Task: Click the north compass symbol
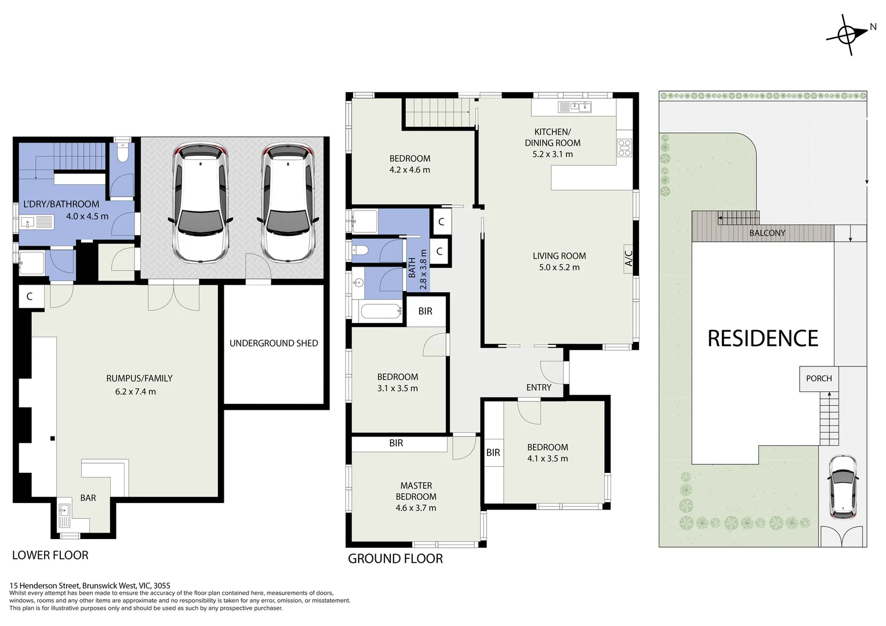tap(848, 35)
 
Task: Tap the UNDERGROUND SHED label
tap(274, 343)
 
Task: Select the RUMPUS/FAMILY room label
tap(139, 378)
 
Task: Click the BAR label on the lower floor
tap(88, 498)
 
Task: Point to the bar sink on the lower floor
tap(64, 512)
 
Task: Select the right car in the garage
tap(288, 203)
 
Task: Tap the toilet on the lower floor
tap(122, 153)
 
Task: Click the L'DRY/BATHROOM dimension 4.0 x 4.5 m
tap(87, 216)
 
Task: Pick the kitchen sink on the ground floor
tap(574, 107)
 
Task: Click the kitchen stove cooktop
tap(624, 148)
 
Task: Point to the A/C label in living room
tap(629, 256)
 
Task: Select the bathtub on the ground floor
tap(381, 312)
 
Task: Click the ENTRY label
tap(539, 387)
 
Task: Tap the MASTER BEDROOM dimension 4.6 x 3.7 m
tap(416, 508)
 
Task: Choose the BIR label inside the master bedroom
tap(396, 443)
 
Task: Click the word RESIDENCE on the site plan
tap(762, 339)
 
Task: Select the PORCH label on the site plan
tap(819, 378)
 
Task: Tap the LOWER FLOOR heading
tap(50, 555)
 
